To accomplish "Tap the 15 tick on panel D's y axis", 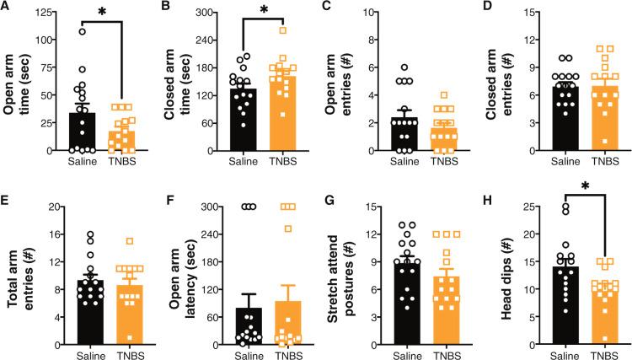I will click(528, 13).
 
